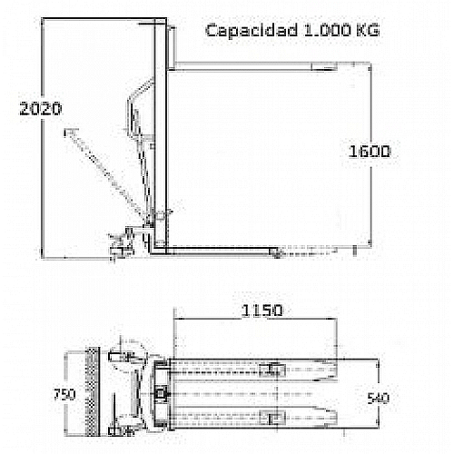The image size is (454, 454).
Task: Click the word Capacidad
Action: [x=239, y=31]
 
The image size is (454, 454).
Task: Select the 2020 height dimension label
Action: [x=40, y=109]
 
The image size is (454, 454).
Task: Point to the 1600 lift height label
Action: [x=369, y=152]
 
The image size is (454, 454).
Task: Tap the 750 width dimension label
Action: [x=64, y=396]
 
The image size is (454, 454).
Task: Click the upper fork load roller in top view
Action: [x=271, y=370]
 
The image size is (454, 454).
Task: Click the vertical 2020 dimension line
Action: [x=43, y=182]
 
